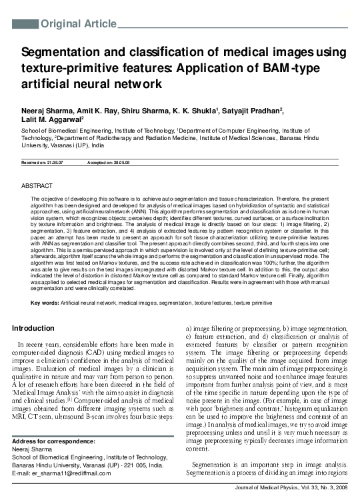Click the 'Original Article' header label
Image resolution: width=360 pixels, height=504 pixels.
tap(79, 25)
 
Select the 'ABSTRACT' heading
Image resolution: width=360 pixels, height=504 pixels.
tap(37, 184)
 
